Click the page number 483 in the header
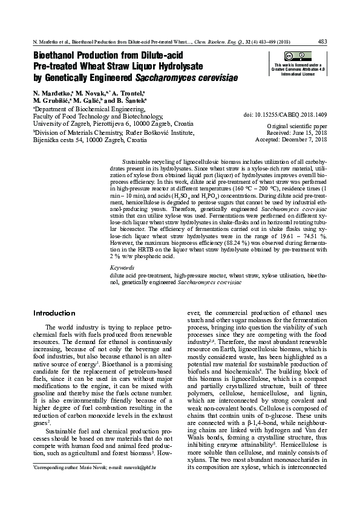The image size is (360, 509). coord(322,42)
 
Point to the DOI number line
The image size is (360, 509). coord(285,114)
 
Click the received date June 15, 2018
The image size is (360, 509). coord(310,132)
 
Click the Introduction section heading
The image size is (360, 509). coord(54,313)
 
